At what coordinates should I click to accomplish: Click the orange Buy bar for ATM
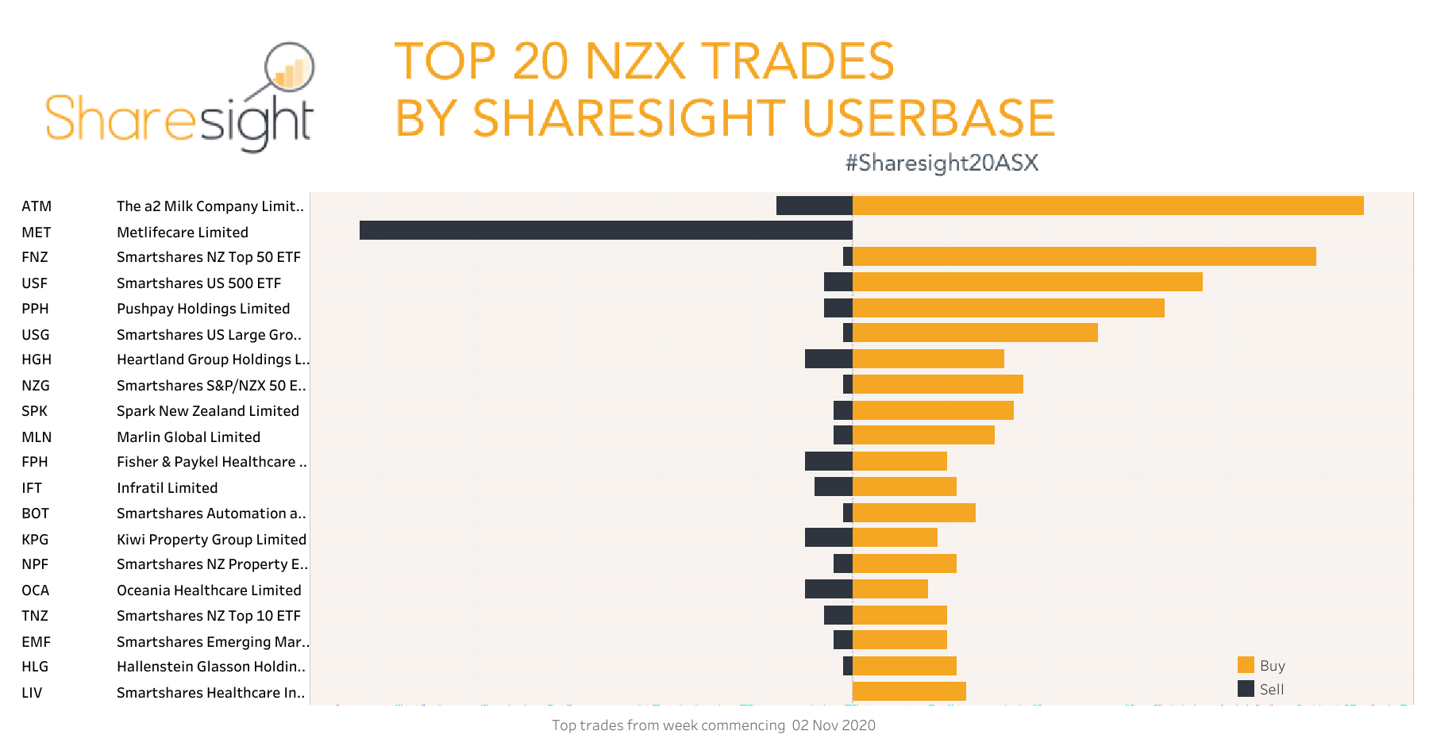[1107, 206]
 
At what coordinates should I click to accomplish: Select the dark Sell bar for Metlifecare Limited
[606, 230]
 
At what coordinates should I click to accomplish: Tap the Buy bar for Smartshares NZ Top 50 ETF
[1084, 256]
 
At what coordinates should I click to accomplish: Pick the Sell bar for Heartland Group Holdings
[828, 359]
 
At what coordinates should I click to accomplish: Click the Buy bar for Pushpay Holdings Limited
[1008, 308]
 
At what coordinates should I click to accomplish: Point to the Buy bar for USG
[975, 333]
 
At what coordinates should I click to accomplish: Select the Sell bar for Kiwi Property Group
[828, 537]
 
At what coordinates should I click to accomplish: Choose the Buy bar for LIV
[909, 691]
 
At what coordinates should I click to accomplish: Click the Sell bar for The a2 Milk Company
[814, 206]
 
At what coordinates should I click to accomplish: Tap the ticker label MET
[37, 233]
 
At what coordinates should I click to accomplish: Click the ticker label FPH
[35, 462]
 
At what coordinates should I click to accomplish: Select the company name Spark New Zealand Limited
[208, 411]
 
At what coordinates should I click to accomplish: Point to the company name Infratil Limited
[167, 488]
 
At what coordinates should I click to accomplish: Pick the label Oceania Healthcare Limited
[209, 590]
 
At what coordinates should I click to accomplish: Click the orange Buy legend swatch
[1246, 665]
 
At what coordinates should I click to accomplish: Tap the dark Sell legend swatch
[1246, 689]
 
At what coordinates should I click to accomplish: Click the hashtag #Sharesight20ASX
[942, 163]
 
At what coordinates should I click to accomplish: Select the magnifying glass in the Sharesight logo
[289, 68]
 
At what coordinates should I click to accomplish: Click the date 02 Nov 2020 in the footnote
[834, 725]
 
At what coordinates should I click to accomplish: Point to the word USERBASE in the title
[928, 117]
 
